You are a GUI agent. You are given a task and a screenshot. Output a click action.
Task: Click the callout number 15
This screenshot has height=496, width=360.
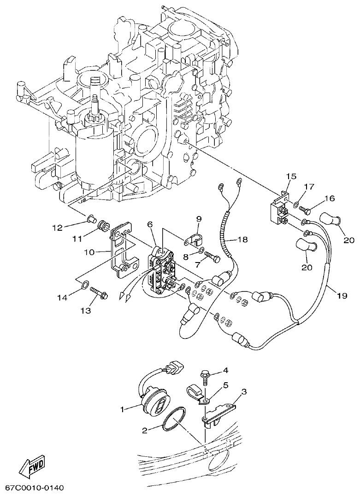[290, 176]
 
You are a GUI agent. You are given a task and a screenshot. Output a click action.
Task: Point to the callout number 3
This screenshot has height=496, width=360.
[244, 391]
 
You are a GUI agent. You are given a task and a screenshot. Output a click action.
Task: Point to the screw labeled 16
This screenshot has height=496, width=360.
[305, 209]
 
